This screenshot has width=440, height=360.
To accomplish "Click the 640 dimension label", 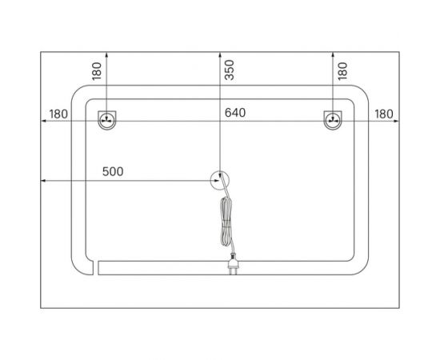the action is tap(235, 113).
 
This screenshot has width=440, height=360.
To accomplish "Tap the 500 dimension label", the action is tap(113, 171).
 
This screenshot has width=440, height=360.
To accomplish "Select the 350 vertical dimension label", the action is tap(230, 70).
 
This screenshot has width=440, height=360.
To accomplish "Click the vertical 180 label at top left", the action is tap(97, 71).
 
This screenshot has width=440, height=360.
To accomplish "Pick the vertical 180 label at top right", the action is tap(342, 71).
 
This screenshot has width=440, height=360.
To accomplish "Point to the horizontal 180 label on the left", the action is tap(58, 114).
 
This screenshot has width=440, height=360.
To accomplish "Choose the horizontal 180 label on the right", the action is tap(384, 114).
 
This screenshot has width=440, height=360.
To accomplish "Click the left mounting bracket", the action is tap(107, 120).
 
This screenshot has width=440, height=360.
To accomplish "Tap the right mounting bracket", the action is tap(333, 120).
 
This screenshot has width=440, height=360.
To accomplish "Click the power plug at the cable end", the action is tap(234, 264).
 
